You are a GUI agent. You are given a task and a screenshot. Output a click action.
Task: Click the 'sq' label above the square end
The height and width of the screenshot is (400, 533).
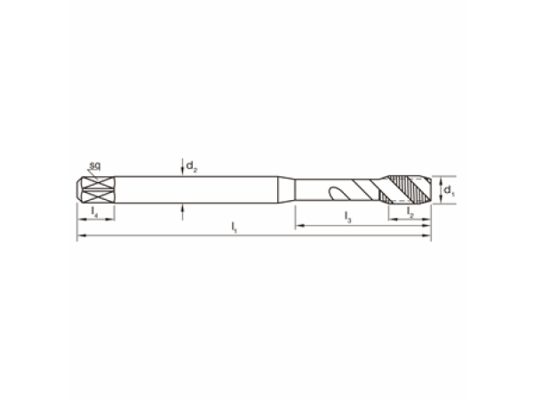[x=95, y=166]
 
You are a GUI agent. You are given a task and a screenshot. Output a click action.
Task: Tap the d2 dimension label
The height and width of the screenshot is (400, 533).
[x=192, y=166]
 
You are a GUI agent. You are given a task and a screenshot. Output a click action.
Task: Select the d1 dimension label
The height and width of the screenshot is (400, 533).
[x=449, y=190]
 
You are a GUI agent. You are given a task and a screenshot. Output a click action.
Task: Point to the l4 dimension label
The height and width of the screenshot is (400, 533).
[x=94, y=212]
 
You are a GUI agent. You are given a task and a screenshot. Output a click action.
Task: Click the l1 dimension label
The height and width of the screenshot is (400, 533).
[x=235, y=228]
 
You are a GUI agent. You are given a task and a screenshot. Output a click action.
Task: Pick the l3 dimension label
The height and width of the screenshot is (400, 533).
[x=347, y=217]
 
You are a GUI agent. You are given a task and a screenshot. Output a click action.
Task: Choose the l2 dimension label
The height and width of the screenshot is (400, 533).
[x=410, y=212]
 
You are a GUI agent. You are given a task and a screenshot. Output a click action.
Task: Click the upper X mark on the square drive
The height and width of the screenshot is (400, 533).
[x=98, y=182]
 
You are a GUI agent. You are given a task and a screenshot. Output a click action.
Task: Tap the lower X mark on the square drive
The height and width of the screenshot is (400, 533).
[x=98, y=196]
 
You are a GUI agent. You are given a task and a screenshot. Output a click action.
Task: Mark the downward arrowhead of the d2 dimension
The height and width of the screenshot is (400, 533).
[x=182, y=172]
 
